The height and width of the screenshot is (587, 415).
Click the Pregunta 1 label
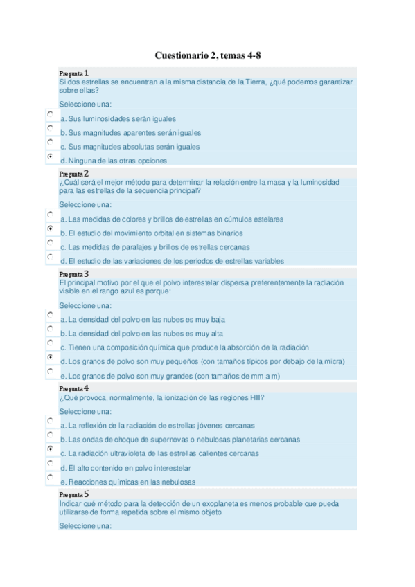click(x=73, y=73)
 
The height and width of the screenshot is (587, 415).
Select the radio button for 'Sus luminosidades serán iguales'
click(x=51, y=114)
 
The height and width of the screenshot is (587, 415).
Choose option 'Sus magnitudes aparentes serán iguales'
click(x=51, y=128)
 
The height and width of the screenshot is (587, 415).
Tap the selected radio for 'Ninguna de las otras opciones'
click(x=51, y=156)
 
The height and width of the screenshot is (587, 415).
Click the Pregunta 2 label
click(x=73, y=173)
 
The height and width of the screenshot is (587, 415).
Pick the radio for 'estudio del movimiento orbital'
click(x=51, y=228)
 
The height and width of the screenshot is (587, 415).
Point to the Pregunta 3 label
click(x=73, y=273)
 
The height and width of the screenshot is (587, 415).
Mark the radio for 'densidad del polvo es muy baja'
click(x=51, y=315)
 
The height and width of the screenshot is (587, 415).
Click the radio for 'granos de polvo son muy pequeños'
click(x=51, y=357)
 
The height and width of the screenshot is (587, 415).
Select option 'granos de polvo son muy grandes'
click(x=51, y=371)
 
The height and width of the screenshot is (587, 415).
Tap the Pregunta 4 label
click(x=73, y=388)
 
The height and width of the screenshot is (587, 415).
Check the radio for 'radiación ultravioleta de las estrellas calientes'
click(x=51, y=449)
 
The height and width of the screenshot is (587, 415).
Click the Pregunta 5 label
click(x=73, y=494)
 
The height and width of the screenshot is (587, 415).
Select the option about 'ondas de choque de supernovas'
click(x=51, y=435)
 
